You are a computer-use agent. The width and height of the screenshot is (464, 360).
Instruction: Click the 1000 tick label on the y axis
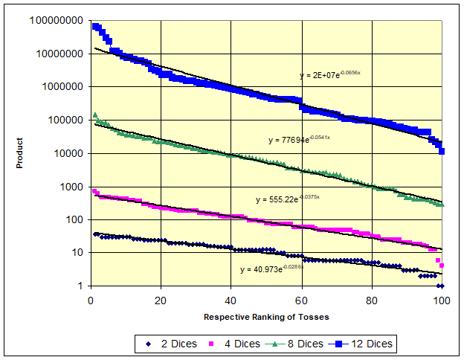click(x=74, y=187)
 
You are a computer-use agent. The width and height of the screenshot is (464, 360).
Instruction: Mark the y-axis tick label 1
click(x=81, y=286)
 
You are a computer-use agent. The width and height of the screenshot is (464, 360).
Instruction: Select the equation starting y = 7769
click(x=298, y=140)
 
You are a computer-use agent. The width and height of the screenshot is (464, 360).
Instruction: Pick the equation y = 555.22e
click(x=287, y=199)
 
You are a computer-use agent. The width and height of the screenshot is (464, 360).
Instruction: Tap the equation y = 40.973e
click(x=271, y=269)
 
